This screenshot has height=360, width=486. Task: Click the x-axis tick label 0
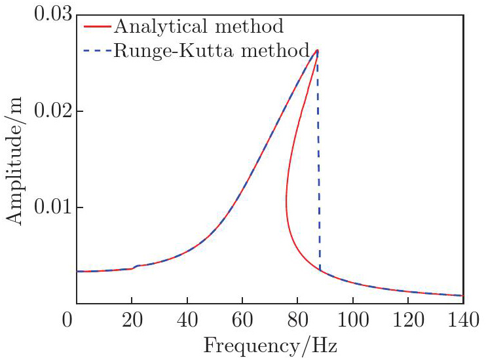pos(67,321)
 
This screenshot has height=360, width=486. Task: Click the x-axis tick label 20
pos(132,321)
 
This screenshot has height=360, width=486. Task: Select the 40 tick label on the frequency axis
pos(187,321)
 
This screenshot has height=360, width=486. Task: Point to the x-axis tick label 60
pos(242,321)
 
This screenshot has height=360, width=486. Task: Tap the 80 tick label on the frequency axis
pos(297,321)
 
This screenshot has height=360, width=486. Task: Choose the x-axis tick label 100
pos(352,321)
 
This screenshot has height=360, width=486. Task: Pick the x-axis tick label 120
pos(408,321)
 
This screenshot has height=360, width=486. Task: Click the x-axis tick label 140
pos(463,321)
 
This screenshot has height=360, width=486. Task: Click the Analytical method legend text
pos(198,27)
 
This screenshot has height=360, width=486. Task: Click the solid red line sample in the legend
pos(97,27)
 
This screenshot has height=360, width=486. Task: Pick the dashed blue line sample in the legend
pos(97,50)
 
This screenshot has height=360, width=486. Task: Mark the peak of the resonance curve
pos(318,50)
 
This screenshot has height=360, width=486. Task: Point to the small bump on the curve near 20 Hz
pos(136,266)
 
